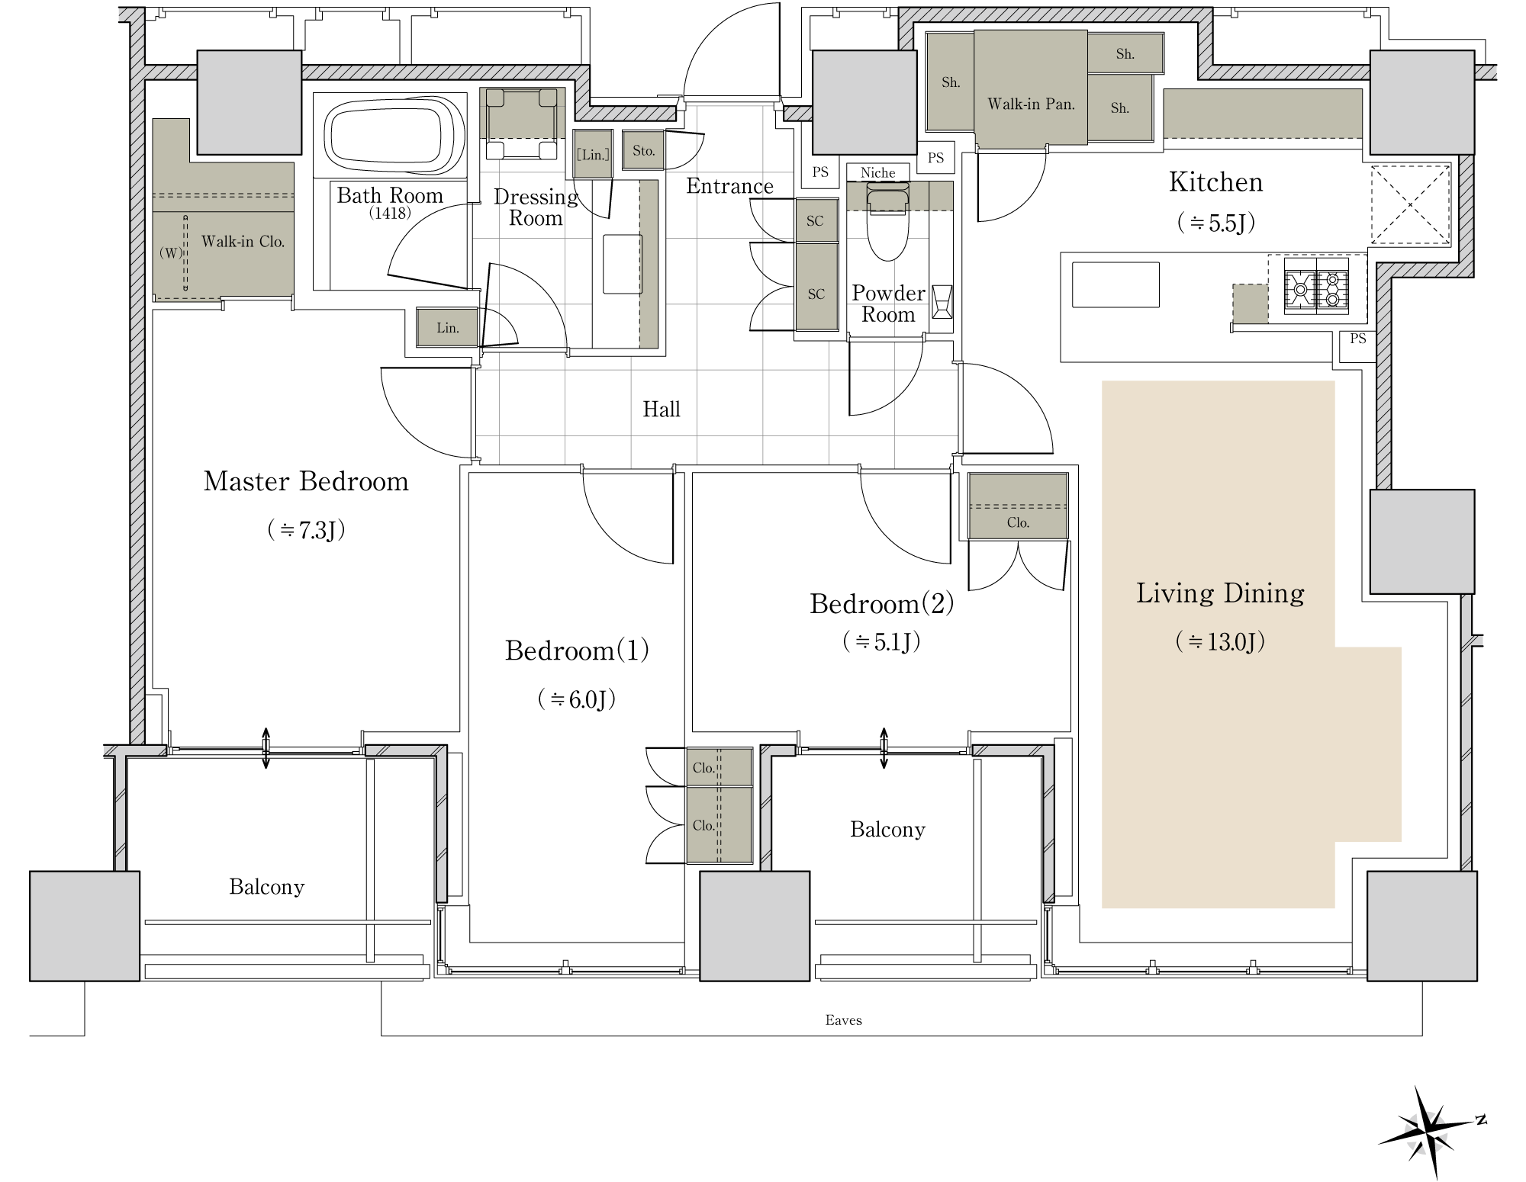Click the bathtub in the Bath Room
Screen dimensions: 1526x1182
coord(394,134)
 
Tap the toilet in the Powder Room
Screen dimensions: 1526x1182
coord(887,221)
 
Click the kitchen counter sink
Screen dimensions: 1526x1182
coord(1116,284)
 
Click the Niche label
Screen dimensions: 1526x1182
coord(877,173)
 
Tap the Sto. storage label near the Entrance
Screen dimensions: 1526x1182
coord(643,151)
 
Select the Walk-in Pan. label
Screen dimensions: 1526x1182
coord(1031,104)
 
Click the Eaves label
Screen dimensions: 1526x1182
coord(843,1020)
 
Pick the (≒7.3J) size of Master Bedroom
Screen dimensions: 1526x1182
coord(306,529)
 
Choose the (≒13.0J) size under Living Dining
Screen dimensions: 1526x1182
coord(1220,641)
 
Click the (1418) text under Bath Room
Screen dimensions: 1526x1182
coord(390,214)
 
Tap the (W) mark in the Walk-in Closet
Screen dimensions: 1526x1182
coord(171,252)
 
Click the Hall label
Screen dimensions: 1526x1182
coord(662,410)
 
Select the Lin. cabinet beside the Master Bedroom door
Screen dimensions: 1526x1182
coord(447,328)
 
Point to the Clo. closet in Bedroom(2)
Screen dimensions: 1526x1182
coord(1018,506)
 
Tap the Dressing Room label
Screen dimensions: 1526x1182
coord(536,207)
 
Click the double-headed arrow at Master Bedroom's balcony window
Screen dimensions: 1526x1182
coord(266,748)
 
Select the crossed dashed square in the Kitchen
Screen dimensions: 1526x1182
coord(1410,205)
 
